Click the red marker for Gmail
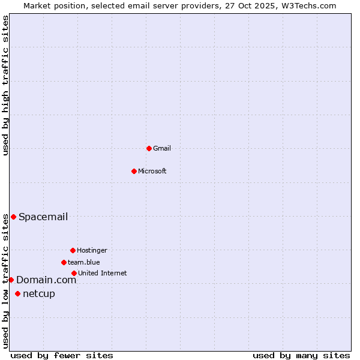(149, 148)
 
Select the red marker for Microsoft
(134, 171)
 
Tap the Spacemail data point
(13, 217)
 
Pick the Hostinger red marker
(73, 250)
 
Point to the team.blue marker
(64, 262)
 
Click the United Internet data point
(74, 273)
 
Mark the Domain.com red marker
(11, 280)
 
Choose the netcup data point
(17, 293)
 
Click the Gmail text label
(162, 148)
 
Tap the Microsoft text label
(152, 171)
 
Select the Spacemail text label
(43, 217)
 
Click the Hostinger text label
(92, 250)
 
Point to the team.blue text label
(84, 262)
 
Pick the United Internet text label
(103, 273)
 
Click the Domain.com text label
(46, 280)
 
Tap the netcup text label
(39, 293)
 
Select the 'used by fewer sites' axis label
(62, 355)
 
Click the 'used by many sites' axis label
(301, 355)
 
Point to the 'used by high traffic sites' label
(5, 85)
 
